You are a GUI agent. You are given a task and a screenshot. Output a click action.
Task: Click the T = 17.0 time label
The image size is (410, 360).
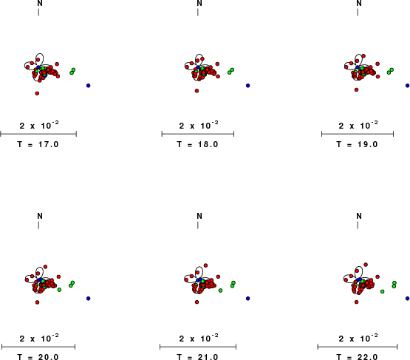tap(38, 144)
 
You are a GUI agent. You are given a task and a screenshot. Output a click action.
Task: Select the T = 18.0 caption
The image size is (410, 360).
tap(197, 144)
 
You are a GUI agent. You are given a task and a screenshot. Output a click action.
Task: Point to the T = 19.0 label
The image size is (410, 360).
tap(357, 144)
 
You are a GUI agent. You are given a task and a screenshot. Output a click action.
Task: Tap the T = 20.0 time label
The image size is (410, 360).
tap(38, 357)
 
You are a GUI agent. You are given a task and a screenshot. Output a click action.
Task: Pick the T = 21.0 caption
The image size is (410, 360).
tap(197, 357)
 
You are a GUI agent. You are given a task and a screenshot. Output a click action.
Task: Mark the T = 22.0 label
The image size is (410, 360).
tap(357, 357)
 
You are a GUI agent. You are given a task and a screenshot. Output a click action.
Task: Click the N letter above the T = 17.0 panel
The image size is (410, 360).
tap(40, 3)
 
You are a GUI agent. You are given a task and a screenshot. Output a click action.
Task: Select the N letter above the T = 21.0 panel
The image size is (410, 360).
tap(199, 216)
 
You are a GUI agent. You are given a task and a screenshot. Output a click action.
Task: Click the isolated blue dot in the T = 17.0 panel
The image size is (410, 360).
tap(89, 86)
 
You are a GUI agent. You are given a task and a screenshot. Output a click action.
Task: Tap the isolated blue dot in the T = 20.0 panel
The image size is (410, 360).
tap(89, 299)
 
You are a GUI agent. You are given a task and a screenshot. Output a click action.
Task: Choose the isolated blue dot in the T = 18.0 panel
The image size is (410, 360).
tap(248, 86)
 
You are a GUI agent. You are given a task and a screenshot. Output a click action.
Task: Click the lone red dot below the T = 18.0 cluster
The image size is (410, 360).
tap(197, 91)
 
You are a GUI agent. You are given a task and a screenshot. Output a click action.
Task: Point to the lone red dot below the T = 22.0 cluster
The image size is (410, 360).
tap(356, 302)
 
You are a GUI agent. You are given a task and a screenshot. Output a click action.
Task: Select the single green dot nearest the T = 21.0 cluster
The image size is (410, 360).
tap(220, 291)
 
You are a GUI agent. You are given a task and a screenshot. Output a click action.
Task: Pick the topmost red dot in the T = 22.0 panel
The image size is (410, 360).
tap(366, 265)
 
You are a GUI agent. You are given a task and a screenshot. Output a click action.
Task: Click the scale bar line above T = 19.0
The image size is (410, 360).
tap(358, 135)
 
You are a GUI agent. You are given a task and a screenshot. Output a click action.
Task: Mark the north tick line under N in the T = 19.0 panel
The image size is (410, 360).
tap(358, 13)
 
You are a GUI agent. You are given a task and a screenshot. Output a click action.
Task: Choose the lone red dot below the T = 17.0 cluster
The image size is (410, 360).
tap(37, 93)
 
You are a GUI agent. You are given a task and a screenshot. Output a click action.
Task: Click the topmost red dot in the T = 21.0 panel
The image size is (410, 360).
tap(206, 265)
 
